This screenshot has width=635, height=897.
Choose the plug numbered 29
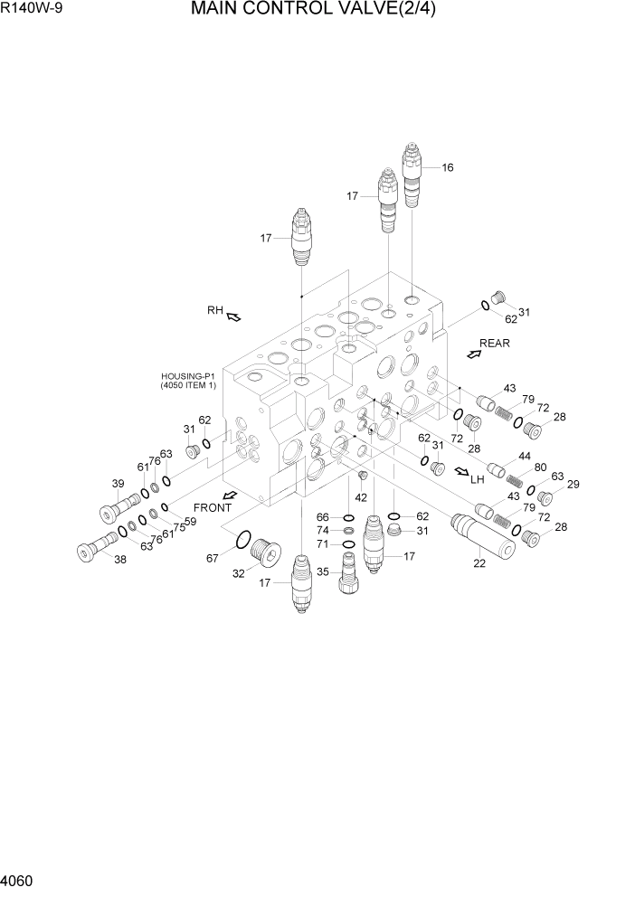[546, 497]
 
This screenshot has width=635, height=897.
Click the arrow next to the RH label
[233, 316]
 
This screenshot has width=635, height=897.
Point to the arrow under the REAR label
[474, 354]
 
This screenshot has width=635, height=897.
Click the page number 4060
[21, 879]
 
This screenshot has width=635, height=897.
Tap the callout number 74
[323, 530]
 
